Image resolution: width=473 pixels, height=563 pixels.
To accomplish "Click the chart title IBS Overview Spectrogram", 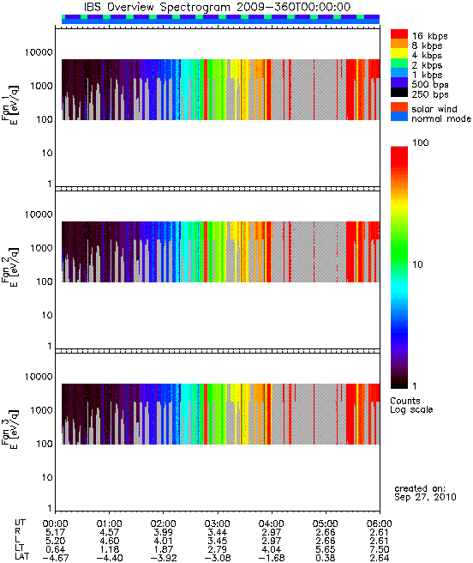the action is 156,7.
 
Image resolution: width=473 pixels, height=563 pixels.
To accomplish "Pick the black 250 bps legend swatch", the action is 399,93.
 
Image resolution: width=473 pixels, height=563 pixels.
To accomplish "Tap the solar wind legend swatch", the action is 399,107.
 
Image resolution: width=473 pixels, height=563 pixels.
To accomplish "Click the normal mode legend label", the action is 441,118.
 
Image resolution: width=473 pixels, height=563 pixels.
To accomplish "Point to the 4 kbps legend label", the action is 427,56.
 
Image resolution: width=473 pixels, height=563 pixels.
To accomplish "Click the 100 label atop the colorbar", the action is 420,143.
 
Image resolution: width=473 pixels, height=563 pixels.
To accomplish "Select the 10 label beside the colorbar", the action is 417,264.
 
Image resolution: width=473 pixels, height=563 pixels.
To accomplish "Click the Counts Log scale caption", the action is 411,405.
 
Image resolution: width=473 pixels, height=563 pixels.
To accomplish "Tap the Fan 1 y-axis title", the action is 10,104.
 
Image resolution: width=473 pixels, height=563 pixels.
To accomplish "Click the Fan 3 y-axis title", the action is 10,429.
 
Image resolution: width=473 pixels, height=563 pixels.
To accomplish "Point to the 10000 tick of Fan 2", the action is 39,215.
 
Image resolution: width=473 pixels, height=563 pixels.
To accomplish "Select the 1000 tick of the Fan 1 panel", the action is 42,86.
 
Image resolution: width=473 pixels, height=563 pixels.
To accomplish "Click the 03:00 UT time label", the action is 217,524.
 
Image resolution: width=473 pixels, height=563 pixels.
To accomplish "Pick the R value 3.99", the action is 163,532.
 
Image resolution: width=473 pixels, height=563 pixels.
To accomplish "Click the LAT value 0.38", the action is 326,559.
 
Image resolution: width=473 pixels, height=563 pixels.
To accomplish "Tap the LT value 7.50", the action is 380,550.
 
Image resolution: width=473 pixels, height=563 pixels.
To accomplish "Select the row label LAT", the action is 21,557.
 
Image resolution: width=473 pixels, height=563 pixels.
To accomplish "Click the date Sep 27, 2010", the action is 425,497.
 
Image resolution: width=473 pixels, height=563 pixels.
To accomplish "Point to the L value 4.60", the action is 109,541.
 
